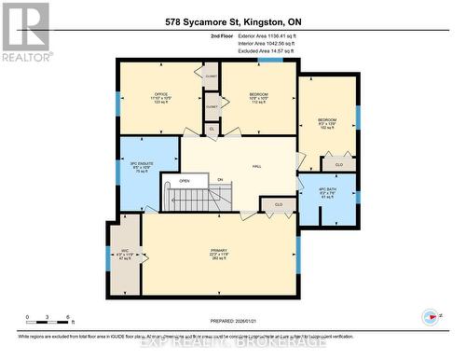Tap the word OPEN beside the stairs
click(185, 180)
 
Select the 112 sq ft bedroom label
click(259, 98)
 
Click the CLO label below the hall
click(278, 202)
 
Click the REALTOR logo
click(25, 32)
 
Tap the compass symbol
click(432, 315)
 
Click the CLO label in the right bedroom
click(339, 164)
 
